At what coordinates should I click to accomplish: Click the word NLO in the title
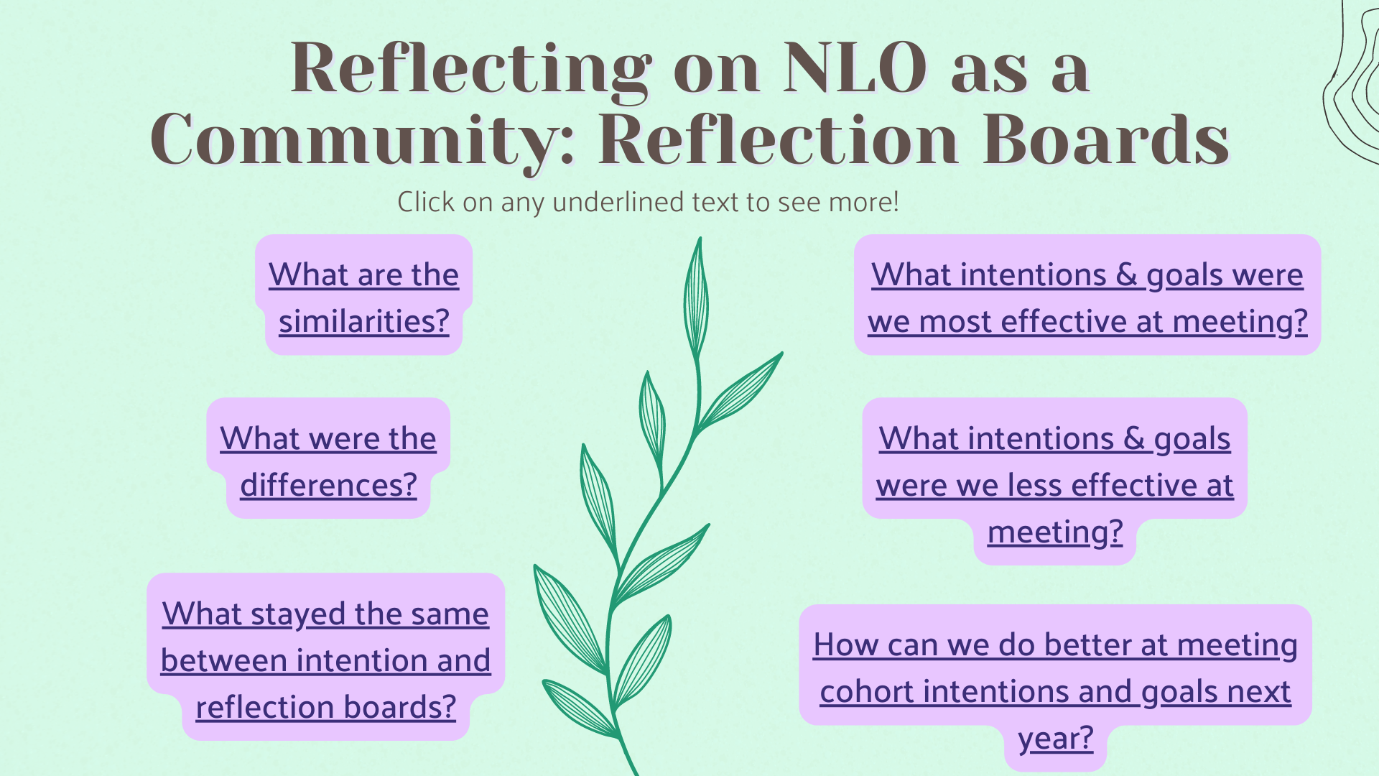point(855,68)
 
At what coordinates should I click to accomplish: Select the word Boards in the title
point(1106,139)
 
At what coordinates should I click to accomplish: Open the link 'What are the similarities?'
point(363,297)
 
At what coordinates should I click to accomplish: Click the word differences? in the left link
point(328,485)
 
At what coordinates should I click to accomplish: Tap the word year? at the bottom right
point(1056,738)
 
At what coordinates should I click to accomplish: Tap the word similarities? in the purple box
point(363,320)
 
